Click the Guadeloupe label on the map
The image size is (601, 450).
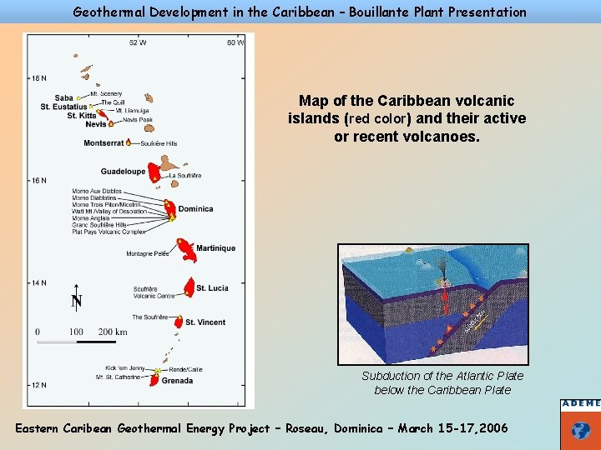tap(123, 171)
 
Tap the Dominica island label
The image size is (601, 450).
tap(196, 209)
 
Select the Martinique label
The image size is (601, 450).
tap(215, 248)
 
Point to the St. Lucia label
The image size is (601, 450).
tap(212, 288)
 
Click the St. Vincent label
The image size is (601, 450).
tap(205, 322)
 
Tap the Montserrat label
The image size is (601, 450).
tap(104, 143)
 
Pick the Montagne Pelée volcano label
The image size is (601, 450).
tap(148, 254)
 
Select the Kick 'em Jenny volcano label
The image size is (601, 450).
tap(125, 367)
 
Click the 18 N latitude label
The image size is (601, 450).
tap(38, 79)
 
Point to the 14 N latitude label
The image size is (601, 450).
tap(38, 283)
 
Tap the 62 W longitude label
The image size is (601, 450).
tap(138, 42)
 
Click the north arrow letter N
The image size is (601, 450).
tap(76, 302)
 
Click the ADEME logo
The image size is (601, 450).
tap(580, 424)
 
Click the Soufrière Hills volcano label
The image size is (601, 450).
tap(159, 144)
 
